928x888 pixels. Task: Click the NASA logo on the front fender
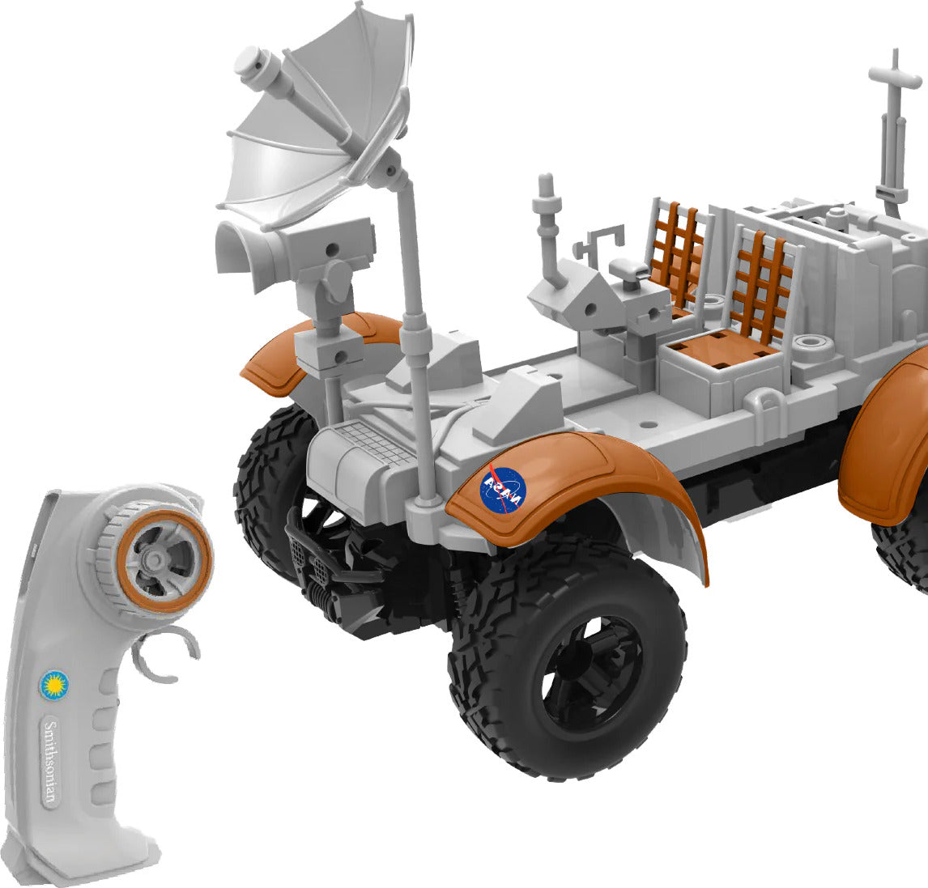[x=503, y=490]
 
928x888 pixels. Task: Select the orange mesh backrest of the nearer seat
[x=761, y=283]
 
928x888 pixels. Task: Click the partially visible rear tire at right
[x=903, y=550]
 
